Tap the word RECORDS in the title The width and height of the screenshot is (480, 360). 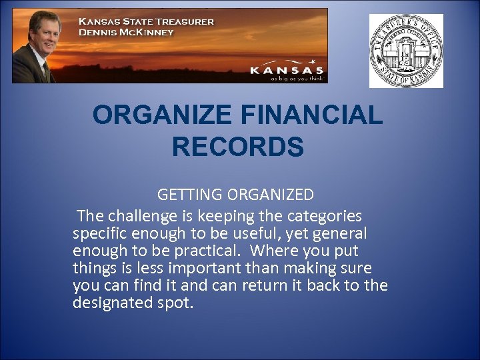(x=238, y=147)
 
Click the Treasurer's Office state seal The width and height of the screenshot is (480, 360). (x=407, y=51)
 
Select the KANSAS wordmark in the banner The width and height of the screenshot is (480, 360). (x=287, y=69)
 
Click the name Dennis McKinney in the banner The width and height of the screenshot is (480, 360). (x=126, y=32)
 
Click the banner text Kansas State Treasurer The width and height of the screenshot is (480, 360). (x=147, y=21)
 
